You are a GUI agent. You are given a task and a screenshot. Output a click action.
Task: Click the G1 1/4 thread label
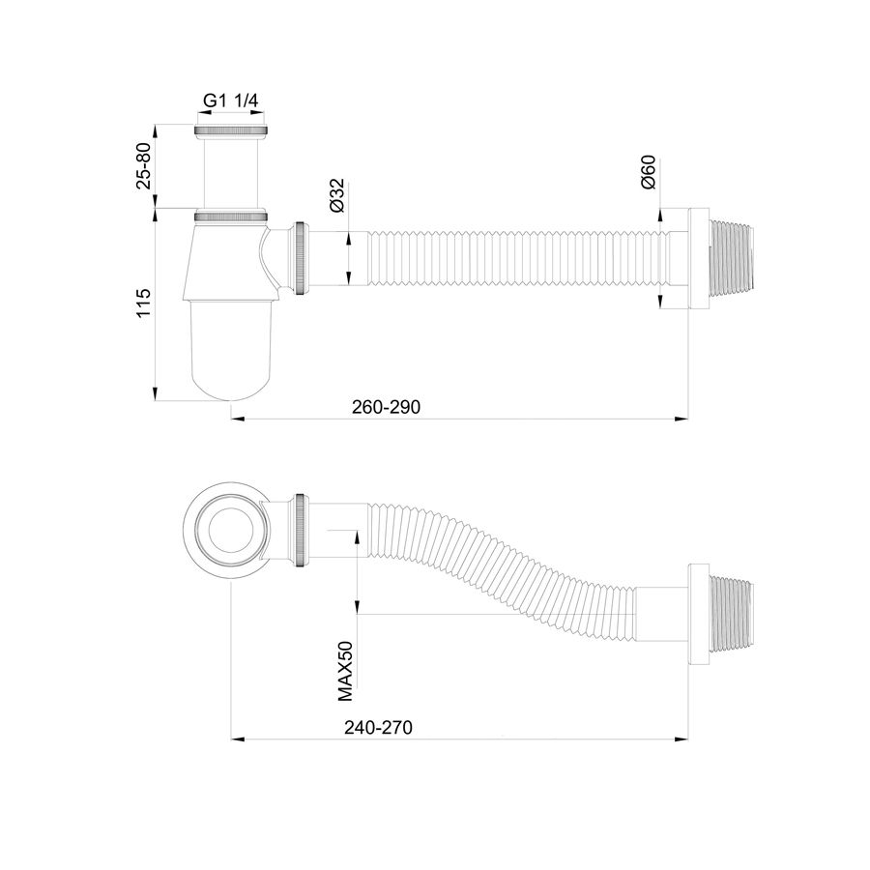click(x=231, y=101)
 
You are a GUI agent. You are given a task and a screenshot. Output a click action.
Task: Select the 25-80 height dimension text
click(x=144, y=166)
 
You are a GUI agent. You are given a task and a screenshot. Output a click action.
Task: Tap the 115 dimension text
click(x=144, y=303)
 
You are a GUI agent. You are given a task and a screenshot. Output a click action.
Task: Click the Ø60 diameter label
click(x=648, y=173)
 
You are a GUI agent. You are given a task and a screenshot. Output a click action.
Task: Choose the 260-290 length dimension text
click(x=386, y=407)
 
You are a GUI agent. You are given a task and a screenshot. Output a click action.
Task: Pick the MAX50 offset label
click(x=345, y=671)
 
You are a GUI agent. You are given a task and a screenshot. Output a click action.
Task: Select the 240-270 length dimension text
click(x=378, y=727)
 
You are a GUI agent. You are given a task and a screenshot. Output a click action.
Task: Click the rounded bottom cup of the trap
click(x=231, y=351)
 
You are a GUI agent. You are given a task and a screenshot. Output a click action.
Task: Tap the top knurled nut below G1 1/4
click(x=231, y=130)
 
